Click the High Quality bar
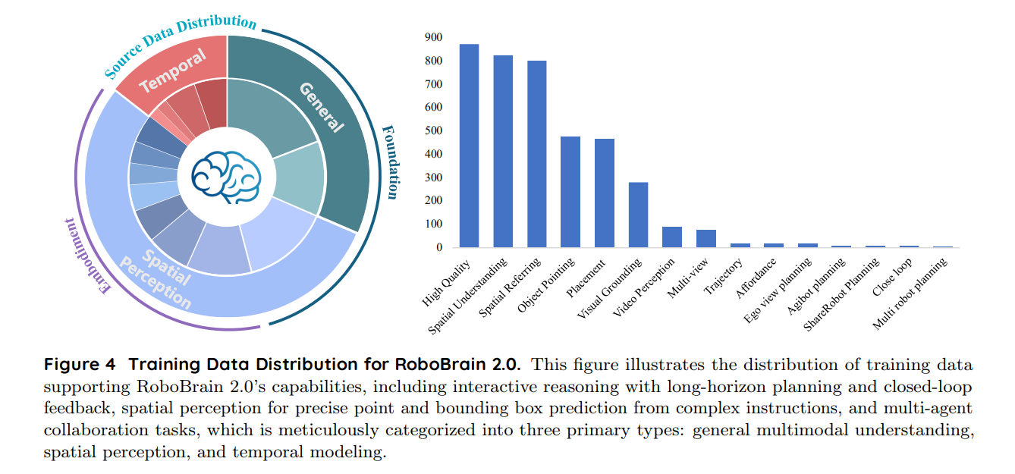(x=469, y=146)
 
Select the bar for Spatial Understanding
(x=503, y=151)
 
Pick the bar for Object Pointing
(x=570, y=192)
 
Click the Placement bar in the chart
(x=604, y=193)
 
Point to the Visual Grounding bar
(x=638, y=215)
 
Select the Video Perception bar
(x=672, y=237)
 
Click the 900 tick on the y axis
(x=433, y=37)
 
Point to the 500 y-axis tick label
(x=433, y=130)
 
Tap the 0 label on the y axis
(x=438, y=247)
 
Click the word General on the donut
(x=322, y=107)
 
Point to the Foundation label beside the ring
(x=389, y=162)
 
